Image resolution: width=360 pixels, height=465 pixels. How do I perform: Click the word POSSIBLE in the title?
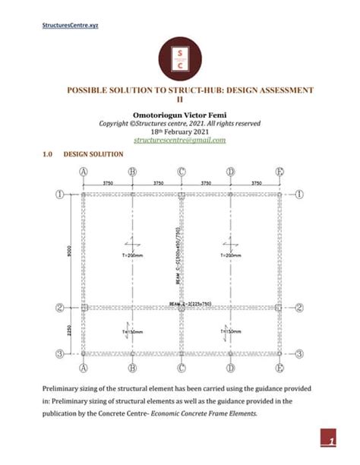pos(93,90)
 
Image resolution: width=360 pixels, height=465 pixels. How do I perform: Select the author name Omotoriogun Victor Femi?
pos(179,115)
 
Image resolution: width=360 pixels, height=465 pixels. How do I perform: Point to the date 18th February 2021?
pos(180,131)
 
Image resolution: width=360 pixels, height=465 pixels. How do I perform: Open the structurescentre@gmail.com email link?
pos(180,141)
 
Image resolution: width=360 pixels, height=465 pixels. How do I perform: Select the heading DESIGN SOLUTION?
pos(93,154)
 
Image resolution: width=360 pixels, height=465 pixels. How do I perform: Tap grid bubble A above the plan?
pos(82,172)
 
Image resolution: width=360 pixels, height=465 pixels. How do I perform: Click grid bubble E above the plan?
pos(279,172)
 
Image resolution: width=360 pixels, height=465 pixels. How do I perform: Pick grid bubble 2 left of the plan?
pos(59,308)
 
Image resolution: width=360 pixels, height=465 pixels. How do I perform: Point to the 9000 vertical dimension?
pos(69,251)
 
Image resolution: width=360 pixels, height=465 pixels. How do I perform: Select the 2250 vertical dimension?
pos(69,331)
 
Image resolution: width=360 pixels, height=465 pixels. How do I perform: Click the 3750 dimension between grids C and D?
pos(205,183)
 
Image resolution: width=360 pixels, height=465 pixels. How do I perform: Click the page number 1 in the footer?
pos(332,440)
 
